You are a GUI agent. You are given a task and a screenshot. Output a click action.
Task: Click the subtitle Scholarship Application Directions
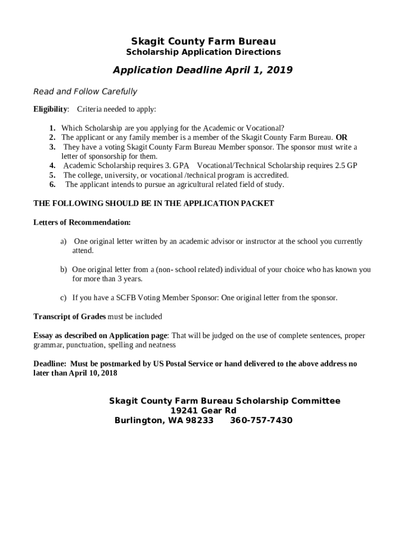click(x=203, y=52)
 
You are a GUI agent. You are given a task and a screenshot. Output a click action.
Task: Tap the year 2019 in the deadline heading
click(x=280, y=70)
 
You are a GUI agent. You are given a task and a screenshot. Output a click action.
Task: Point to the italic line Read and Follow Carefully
click(x=85, y=91)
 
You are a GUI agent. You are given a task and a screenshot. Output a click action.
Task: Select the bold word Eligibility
click(x=51, y=109)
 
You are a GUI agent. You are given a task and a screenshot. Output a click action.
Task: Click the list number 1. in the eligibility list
click(x=53, y=128)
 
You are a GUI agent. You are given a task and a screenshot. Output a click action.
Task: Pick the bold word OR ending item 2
click(x=341, y=137)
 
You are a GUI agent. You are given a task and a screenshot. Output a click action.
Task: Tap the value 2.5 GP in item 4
click(x=346, y=166)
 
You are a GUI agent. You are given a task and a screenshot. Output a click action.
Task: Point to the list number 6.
click(x=53, y=184)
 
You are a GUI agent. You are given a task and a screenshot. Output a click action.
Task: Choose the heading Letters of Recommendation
click(x=82, y=222)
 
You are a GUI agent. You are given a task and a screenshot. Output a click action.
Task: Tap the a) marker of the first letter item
click(x=63, y=241)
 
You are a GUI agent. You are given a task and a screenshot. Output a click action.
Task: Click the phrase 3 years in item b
click(x=131, y=278)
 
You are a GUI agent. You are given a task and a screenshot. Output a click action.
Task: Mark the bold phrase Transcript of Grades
click(x=70, y=316)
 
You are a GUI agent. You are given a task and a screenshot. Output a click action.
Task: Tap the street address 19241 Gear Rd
click(x=203, y=411)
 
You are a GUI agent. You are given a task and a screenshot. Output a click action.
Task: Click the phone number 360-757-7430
click(x=261, y=421)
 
